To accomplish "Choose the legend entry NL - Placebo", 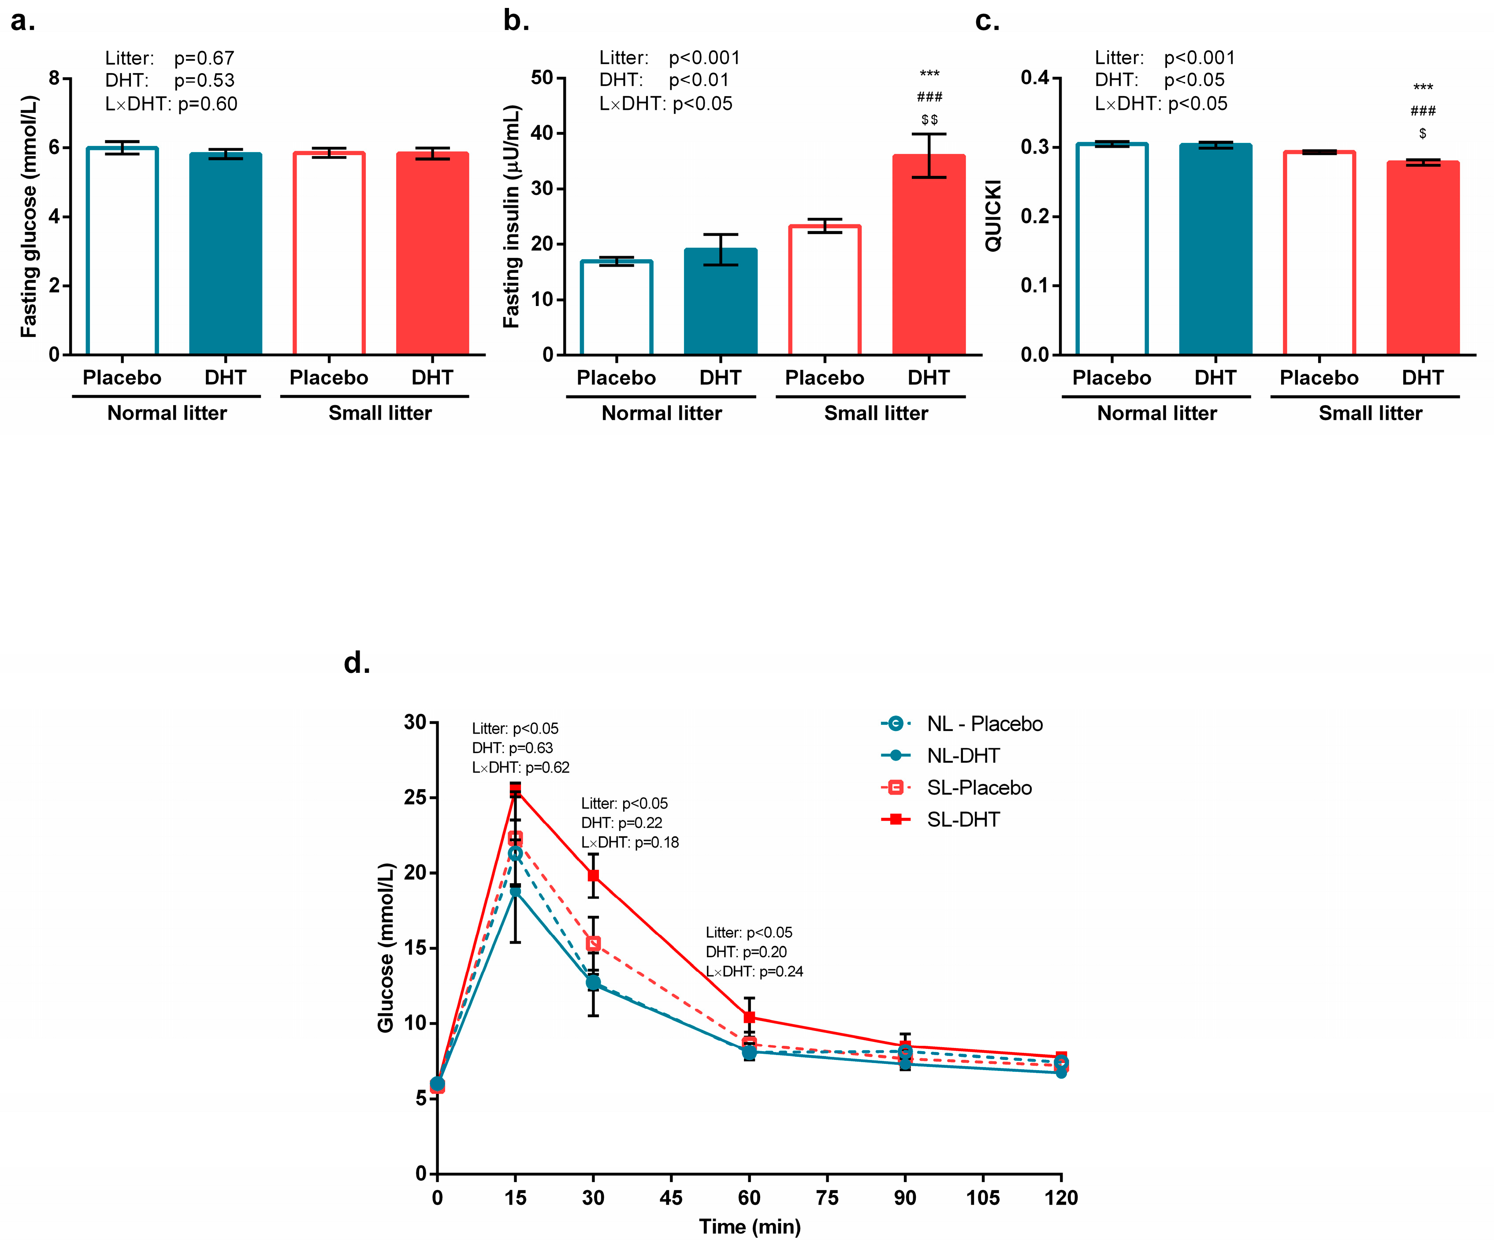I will [x=984, y=724].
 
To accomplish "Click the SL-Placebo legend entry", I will [x=978, y=788].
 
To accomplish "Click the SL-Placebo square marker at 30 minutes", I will [x=593, y=944].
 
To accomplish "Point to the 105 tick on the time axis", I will [x=982, y=1198].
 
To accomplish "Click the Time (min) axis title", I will [x=749, y=1227].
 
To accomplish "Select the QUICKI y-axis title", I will [x=993, y=216].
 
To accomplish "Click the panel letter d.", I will [x=357, y=663].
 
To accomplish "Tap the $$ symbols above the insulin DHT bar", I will [x=929, y=119].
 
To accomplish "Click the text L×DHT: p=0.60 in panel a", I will [x=171, y=104].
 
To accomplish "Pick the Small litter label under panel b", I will [x=876, y=414].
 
